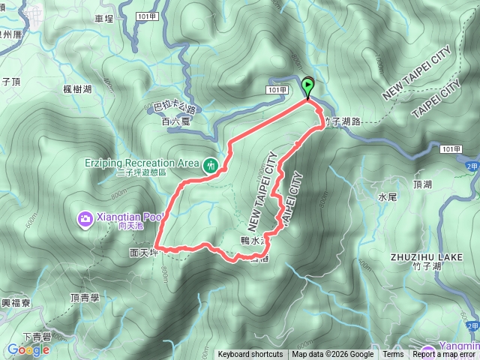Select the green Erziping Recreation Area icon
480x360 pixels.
pos(211,163)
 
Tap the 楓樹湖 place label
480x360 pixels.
pos(77,89)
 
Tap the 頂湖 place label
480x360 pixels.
pos(422,184)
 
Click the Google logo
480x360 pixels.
pos(28,349)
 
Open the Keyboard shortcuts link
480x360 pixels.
pos(250,355)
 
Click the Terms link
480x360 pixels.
pos(393,355)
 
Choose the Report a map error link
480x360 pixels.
pos(445,355)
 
